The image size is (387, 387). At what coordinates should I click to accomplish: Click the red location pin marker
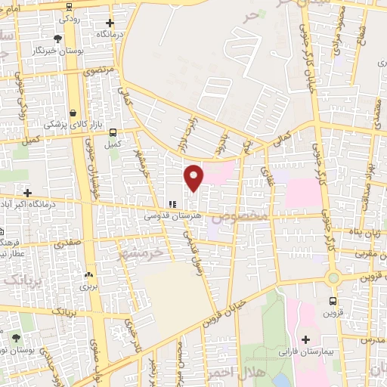(x=194, y=177)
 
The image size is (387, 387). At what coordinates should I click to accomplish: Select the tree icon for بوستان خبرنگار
(x=58, y=39)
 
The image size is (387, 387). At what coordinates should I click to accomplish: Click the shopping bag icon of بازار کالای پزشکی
(x=73, y=113)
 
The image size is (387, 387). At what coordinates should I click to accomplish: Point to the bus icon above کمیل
(x=113, y=131)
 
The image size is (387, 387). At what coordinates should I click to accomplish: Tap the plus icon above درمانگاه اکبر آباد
(x=28, y=193)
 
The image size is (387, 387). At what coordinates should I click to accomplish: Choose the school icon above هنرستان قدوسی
(x=172, y=204)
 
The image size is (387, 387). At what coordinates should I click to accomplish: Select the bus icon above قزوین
(x=333, y=301)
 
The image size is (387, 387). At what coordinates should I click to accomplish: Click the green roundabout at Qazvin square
(x=333, y=278)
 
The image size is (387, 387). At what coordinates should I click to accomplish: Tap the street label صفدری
(x=68, y=245)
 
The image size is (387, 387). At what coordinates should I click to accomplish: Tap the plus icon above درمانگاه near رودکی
(x=110, y=23)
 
